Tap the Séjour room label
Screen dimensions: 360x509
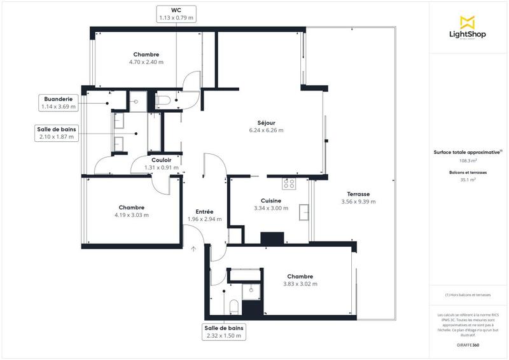coord(266,123)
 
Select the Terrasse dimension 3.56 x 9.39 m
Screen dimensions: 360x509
coord(358,202)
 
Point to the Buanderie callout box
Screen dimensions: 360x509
coord(59,102)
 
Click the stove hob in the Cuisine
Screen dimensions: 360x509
coord(289,184)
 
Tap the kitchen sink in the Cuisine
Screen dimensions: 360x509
coord(304,211)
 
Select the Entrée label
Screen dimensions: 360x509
coord(204,211)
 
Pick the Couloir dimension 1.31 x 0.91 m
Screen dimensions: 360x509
coord(163,167)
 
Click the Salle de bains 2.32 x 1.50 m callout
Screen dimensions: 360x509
coord(223,331)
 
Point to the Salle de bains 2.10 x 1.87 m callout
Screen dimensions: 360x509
coord(57,132)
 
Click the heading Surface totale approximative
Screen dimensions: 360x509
coord(468,152)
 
